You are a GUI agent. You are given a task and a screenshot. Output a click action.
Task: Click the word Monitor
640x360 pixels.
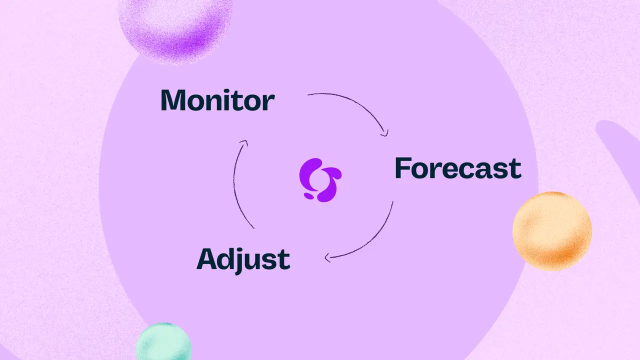(x=217, y=99)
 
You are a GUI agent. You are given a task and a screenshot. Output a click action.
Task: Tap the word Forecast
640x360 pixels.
(x=458, y=168)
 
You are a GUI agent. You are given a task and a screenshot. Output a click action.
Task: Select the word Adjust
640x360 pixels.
(x=243, y=259)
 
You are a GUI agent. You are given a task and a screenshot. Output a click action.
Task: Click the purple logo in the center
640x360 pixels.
(x=320, y=180)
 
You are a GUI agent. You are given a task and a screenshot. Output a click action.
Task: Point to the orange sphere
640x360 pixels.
(x=552, y=231)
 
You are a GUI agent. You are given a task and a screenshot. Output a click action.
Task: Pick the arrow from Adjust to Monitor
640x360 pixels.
(x=234, y=183)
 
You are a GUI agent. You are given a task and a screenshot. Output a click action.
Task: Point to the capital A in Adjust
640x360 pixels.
(x=207, y=259)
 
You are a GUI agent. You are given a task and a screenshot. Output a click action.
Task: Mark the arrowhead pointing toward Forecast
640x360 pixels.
(x=385, y=133)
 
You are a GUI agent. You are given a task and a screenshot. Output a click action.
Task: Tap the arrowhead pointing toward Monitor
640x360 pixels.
(x=244, y=142)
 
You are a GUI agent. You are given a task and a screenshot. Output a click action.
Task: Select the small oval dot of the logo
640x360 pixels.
(x=308, y=196)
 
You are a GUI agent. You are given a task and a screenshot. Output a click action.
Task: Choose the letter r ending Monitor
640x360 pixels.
(x=269, y=102)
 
